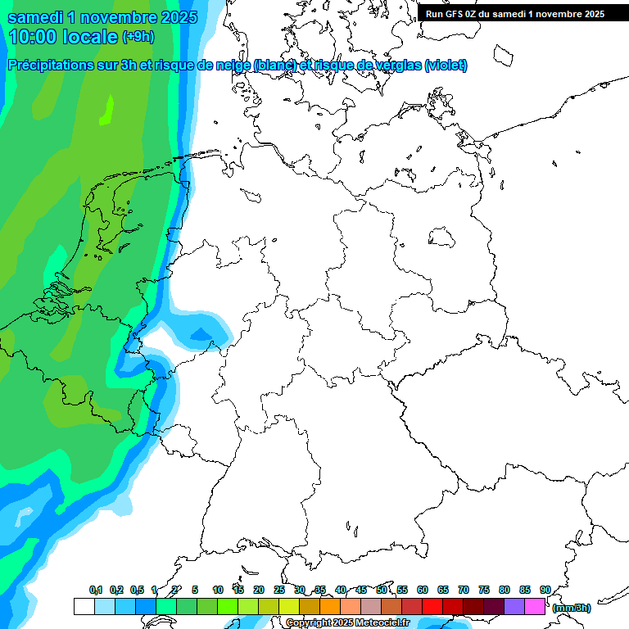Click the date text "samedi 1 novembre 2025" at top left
(102, 17)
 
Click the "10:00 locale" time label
(64, 37)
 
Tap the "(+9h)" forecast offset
(138, 38)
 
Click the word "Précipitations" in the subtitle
(54, 66)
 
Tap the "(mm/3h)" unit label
(571, 608)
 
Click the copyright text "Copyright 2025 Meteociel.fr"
(347, 623)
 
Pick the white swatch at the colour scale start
(84, 607)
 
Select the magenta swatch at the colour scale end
(535, 607)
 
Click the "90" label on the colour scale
(545, 590)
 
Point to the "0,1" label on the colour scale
(96, 590)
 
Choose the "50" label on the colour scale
(382, 590)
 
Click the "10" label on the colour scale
(218, 590)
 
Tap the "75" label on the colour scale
(484, 590)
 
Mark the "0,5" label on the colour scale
(137, 590)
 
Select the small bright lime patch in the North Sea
(106, 110)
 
